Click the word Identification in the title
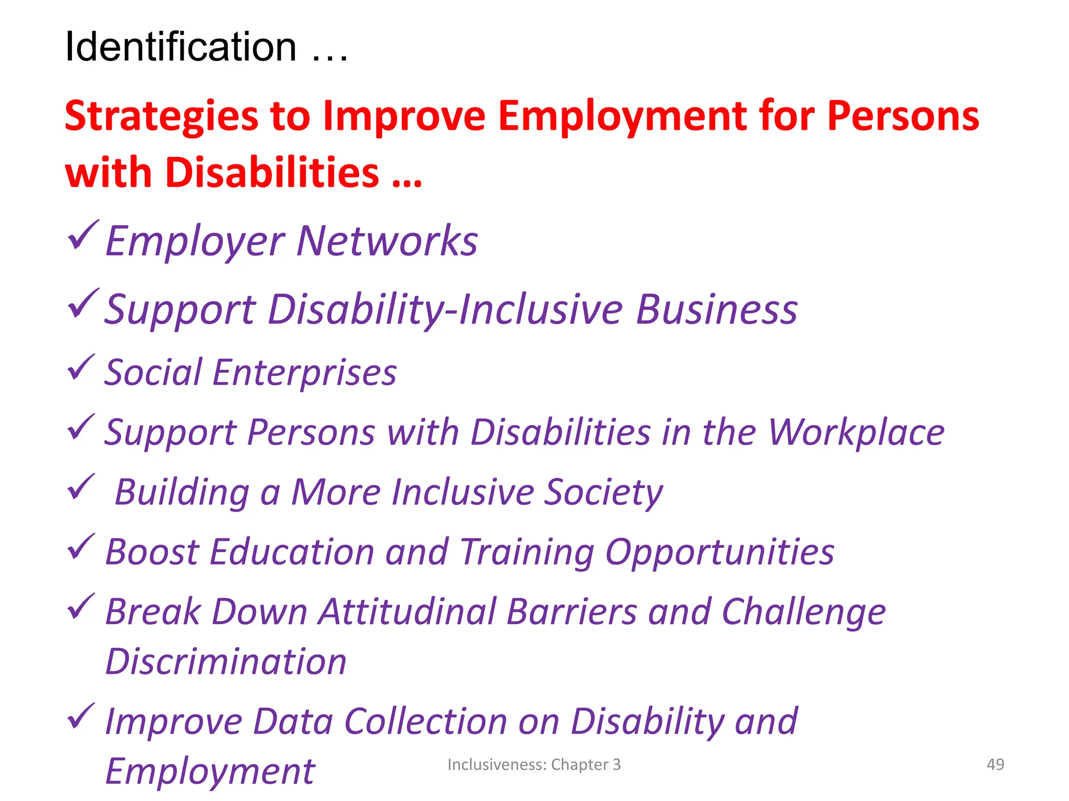[x=181, y=47]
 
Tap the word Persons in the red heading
[x=903, y=116]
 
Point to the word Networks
[x=387, y=241]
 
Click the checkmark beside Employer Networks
[x=82, y=235]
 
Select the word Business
[x=717, y=310]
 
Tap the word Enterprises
[x=304, y=373]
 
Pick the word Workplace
[x=856, y=433]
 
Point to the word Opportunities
[x=720, y=553]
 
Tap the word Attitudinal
[x=408, y=612]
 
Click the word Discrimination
[x=226, y=662]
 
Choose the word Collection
[x=426, y=722]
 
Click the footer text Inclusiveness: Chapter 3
[x=534, y=764]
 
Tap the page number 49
[x=995, y=764]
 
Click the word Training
[x=527, y=553]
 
